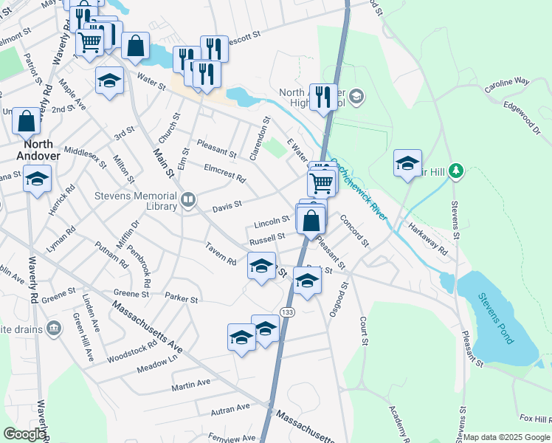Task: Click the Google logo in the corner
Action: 24,434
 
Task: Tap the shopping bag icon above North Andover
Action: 26,121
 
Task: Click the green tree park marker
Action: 457,172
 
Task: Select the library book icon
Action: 189,199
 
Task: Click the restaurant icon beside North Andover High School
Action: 322,96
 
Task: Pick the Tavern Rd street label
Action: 221,257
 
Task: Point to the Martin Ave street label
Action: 191,384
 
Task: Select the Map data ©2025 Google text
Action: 506,437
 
